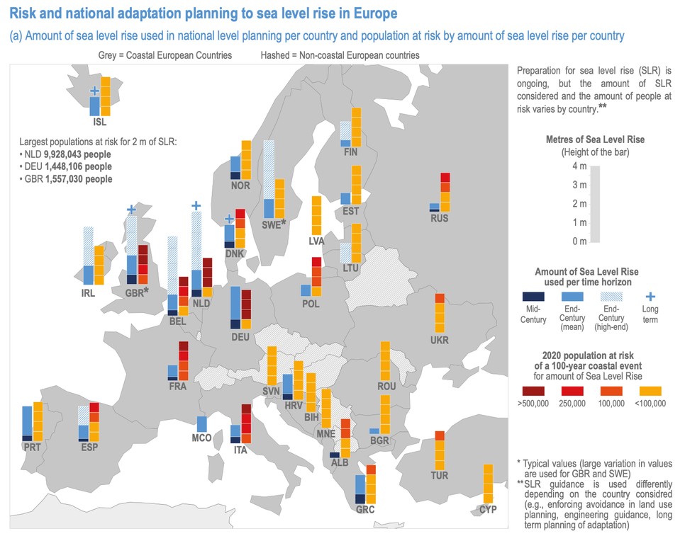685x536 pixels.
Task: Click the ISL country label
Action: tap(99, 122)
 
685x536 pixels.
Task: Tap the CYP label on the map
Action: tap(487, 509)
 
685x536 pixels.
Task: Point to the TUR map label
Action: tap(439, 475)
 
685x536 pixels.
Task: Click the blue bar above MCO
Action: tap(201, 424)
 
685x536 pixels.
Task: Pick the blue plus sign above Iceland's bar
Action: tap(94, 91)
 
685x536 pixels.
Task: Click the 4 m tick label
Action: tap(579, 166)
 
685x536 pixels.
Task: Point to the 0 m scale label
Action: tap(579, 241)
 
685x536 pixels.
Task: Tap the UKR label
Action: tap(439, 340)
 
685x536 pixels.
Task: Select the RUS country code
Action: tap(440, 218)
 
